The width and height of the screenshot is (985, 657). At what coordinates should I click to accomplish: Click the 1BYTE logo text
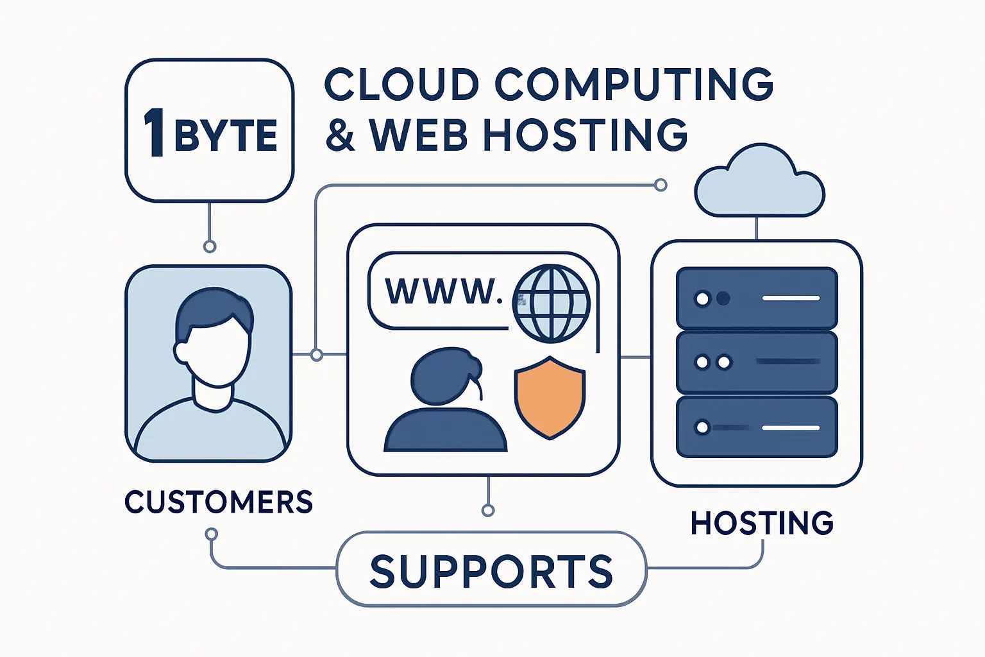[210, 133]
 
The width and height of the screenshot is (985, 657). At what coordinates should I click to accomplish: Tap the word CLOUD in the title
[401, 84]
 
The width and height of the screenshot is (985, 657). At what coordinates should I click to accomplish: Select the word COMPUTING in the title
[634, 84]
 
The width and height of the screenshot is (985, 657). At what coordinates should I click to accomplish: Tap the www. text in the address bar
[442, 291]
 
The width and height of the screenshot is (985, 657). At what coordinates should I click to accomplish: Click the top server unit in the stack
[757, 298]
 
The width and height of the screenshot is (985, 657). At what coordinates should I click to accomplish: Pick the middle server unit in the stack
[757, 363]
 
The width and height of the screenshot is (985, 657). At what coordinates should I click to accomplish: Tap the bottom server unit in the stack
[757, 427]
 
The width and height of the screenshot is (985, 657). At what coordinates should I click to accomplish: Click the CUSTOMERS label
[219, 502]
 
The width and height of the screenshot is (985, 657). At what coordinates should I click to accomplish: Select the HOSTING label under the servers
[762, 523]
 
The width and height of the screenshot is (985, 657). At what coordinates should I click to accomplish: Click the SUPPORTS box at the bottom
[491, 569]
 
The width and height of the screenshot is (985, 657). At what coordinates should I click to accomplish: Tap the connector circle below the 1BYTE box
[209, 246]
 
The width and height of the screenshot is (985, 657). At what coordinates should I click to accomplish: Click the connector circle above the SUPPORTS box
[488, 510]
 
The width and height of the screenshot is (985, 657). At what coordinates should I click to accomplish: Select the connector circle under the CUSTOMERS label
[211, 534]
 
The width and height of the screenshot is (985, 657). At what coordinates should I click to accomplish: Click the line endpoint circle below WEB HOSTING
[661, 185]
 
